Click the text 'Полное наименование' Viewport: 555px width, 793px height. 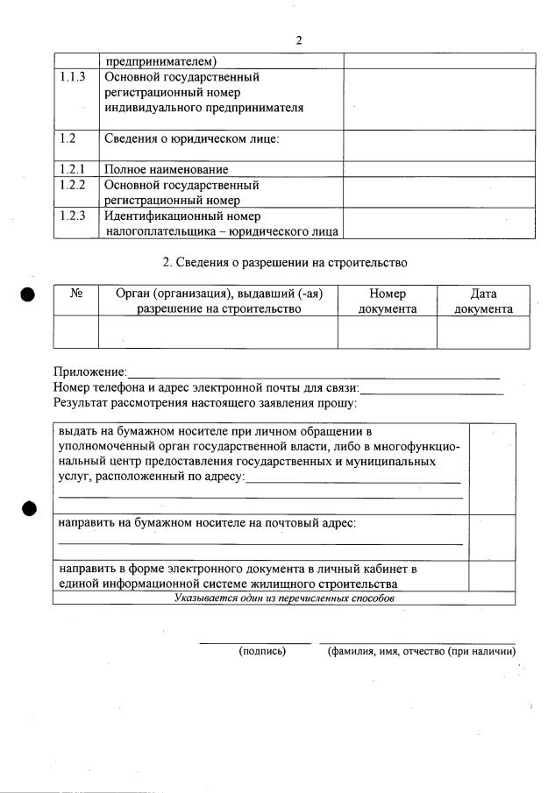tap(166, 169)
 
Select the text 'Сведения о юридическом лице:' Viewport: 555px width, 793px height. tap(192, 138)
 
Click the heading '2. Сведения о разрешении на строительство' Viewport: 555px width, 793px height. tap(286, 262)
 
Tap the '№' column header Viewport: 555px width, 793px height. tap(76, 294)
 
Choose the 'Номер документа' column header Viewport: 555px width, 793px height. tap(388, 301)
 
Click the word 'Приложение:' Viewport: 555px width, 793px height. tap(89, 373)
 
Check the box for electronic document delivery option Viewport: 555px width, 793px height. tap(492, 576)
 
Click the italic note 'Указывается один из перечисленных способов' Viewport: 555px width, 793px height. tap(284, 598)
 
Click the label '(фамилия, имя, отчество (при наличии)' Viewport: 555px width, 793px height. tap(421, 652)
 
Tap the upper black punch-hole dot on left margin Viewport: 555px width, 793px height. tap(28, 294)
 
